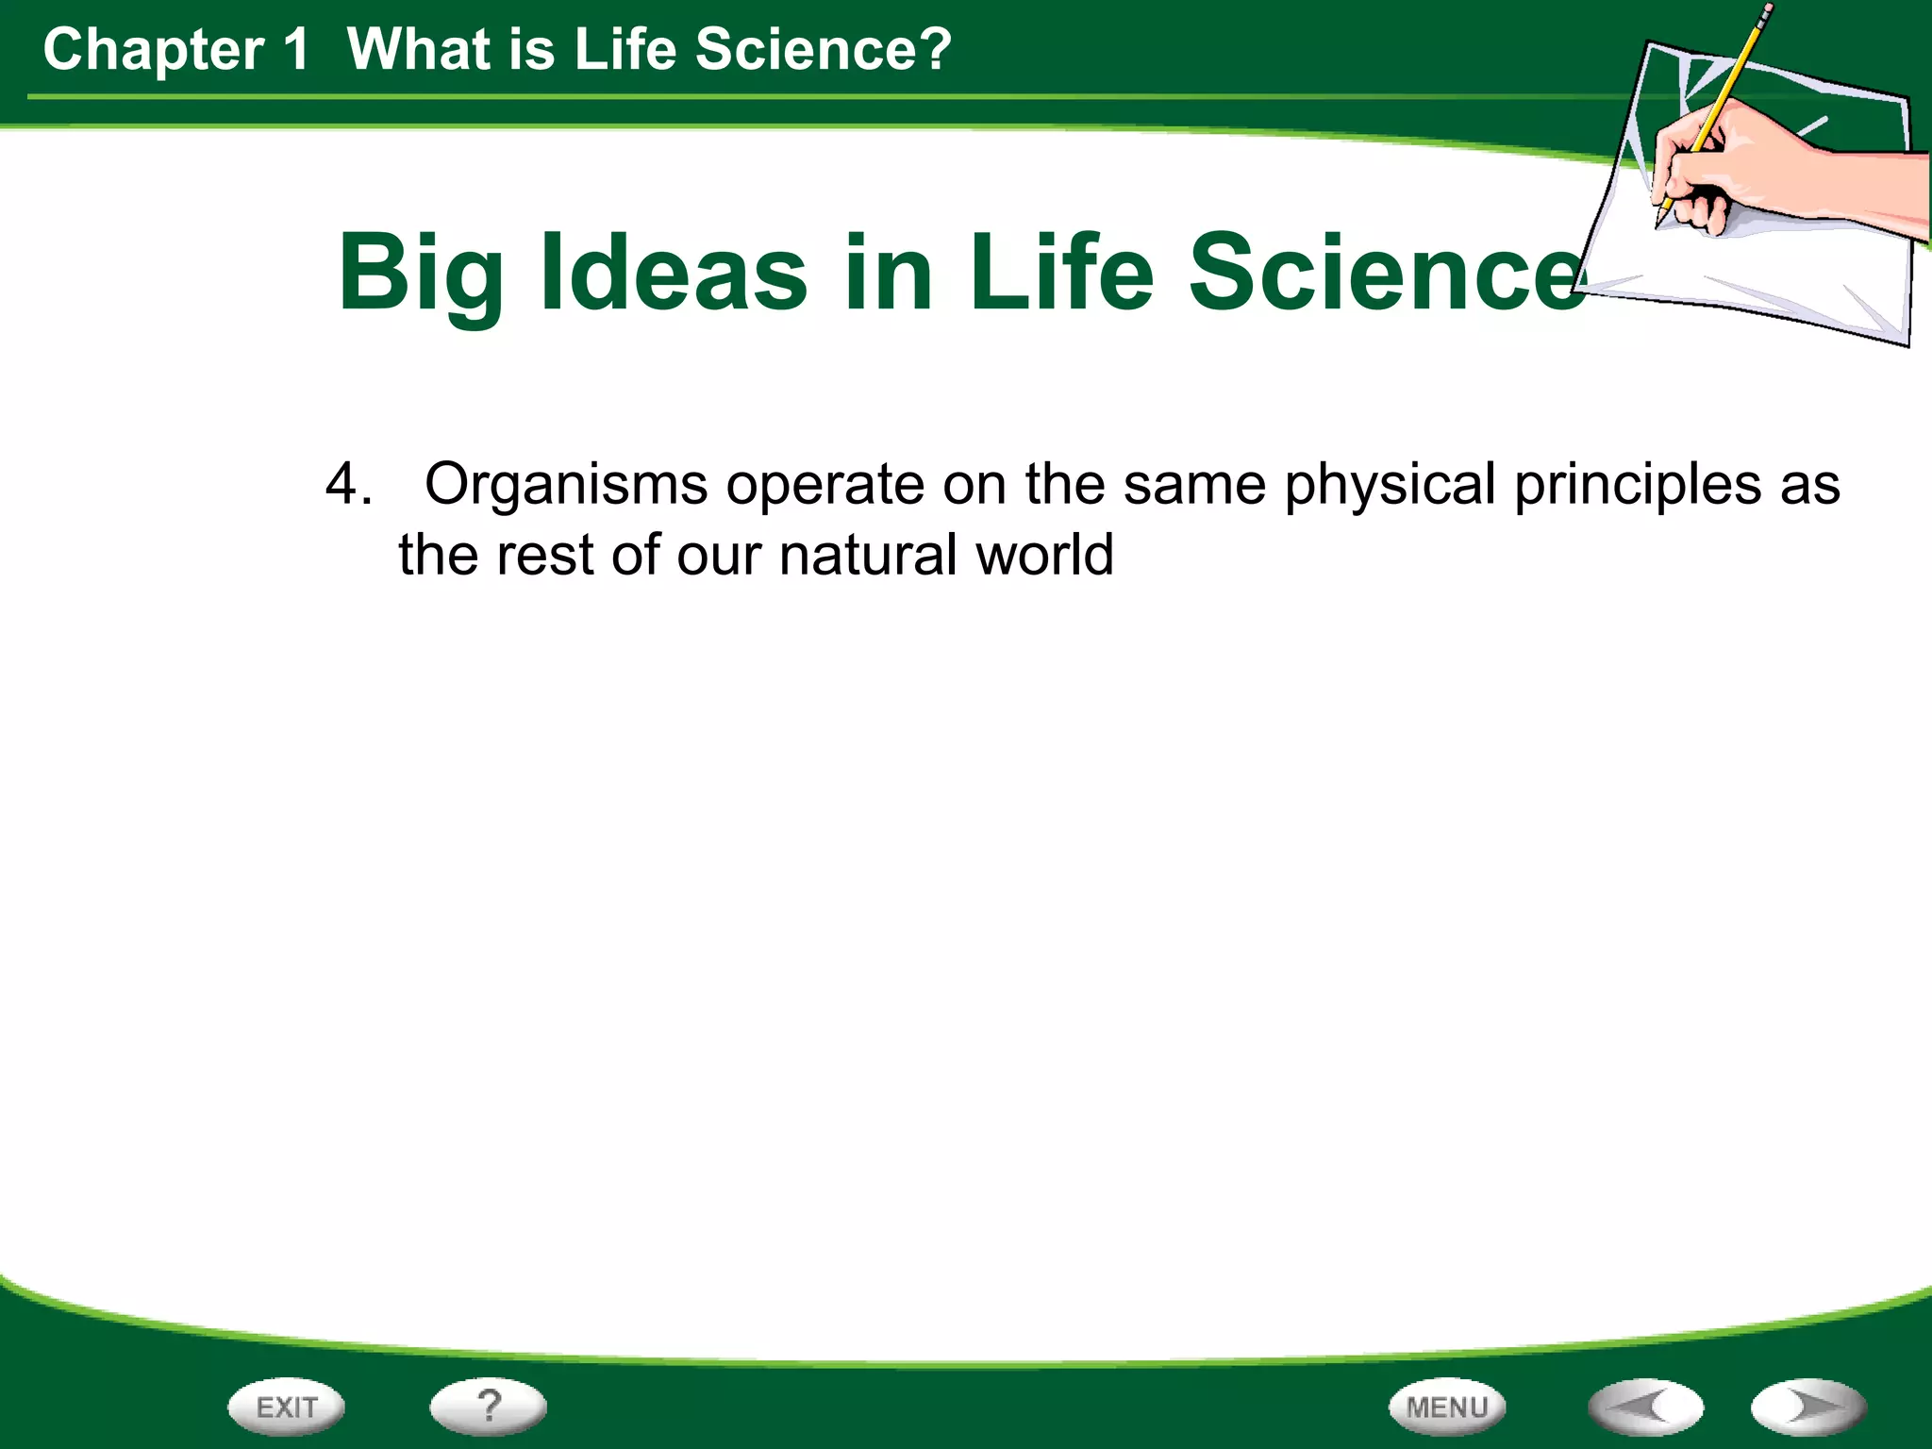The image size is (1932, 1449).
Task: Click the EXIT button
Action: point(286,1407)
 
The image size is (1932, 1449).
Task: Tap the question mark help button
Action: point(488,1406)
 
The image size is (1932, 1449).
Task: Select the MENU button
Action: point(1447,1407)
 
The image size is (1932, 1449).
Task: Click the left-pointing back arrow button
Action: point(1646,1407)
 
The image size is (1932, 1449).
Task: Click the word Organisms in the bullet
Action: point(565,485)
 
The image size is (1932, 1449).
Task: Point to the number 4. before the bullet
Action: point(348,485)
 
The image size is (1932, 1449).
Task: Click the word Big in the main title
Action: point(422,274)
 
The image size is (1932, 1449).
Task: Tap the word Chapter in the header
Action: point(154,50)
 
